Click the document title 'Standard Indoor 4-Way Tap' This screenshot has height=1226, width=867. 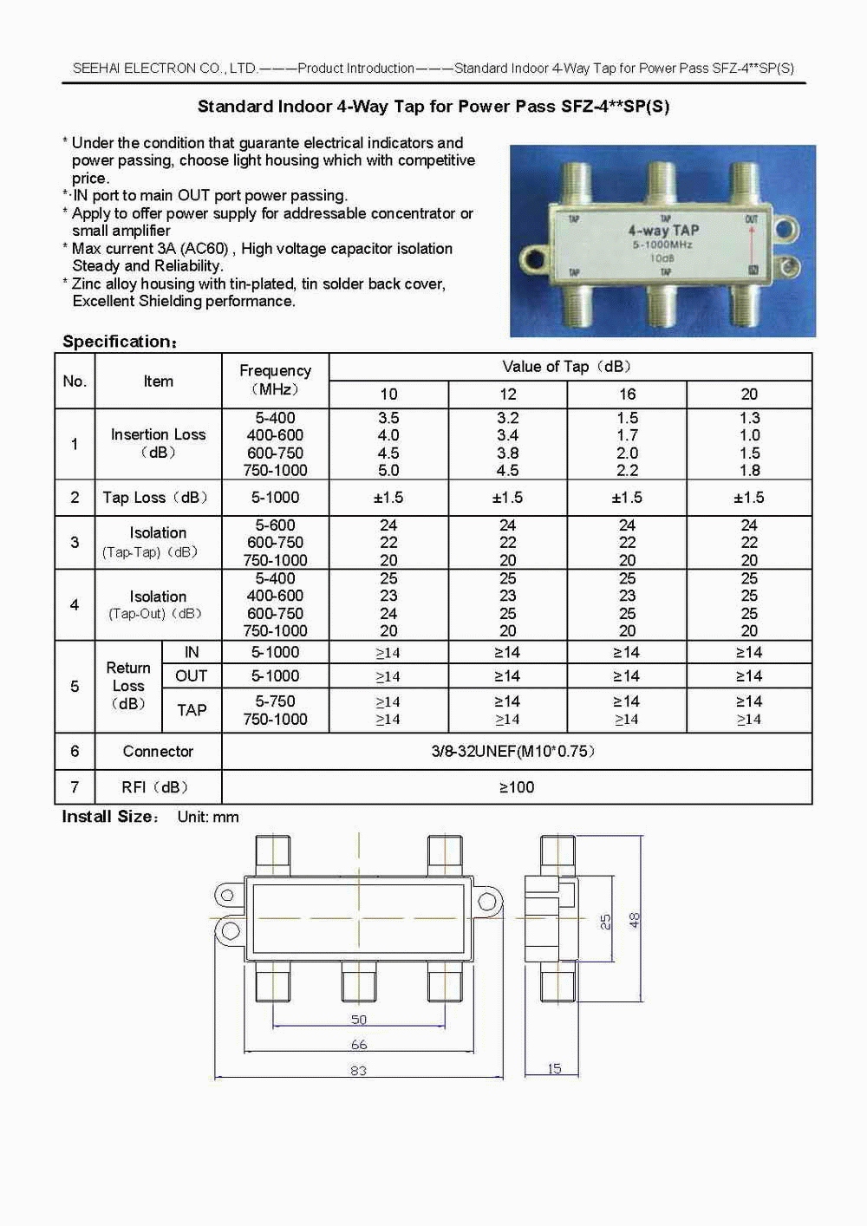(x=433, y=107)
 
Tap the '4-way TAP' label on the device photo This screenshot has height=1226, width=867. (x=663, y=230)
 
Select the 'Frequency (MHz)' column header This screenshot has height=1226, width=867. (x=275, y=380)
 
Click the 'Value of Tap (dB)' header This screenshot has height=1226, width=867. (x=569, y=367)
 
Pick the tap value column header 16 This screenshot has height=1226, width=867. (x=627, y=395)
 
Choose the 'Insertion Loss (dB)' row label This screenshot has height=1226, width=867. (x=158, y=443)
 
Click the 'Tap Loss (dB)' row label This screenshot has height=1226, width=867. (x=155, y=498)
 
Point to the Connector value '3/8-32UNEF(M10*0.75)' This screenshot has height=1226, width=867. (x=515, y=751)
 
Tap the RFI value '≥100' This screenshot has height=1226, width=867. (x=517, y=787)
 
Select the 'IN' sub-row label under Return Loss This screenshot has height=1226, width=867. (x=192, y=652)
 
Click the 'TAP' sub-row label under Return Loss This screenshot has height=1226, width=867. (x=192, y=710)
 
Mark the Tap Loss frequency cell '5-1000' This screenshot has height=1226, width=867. (x=275, y=498)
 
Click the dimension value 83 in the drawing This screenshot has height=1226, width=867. (x=358, y=1071)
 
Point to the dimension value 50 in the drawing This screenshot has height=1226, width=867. (x=358, y=1020)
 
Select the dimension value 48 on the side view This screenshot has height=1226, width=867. (x=635, y=920)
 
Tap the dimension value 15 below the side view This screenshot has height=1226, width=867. (x=554, y=1068)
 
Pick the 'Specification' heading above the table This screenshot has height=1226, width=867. (x=119, y=342)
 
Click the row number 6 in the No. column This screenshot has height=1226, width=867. (x=75, y=751)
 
